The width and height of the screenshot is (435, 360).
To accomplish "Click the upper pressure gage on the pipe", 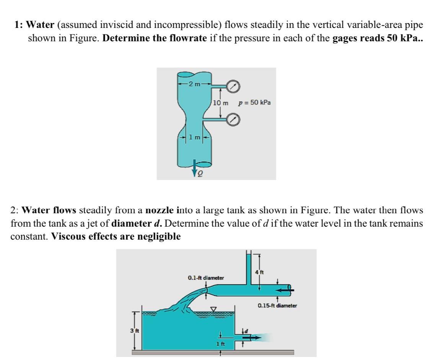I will pos(233,87).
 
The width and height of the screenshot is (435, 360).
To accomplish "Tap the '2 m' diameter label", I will pos(194,84).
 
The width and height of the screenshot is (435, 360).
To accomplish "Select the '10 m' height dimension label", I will pos(220,103).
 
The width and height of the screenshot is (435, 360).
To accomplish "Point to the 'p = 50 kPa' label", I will pos(254,102).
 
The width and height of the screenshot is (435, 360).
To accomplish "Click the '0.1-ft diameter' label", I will pos(205,277).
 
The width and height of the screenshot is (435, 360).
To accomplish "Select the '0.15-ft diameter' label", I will pos(277,305).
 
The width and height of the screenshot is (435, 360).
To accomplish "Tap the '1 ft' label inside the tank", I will pos(220,344).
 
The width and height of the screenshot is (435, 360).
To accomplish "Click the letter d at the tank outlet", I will pos(247,330).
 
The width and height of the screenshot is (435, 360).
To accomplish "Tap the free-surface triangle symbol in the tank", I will pos(213,308).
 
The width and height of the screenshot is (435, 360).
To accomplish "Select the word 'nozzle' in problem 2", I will pos(161,210).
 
